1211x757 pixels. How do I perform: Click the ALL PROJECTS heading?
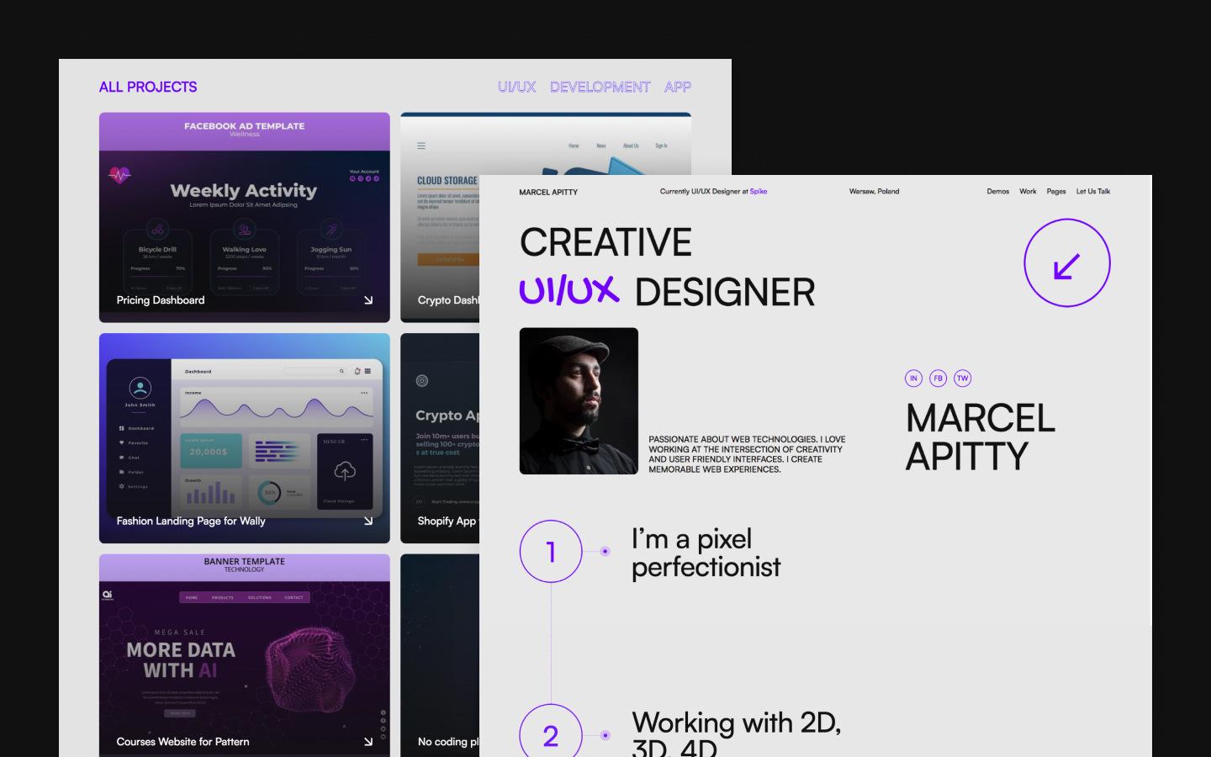[x=148, y=87]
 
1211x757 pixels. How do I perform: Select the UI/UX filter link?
[x=516, y=87]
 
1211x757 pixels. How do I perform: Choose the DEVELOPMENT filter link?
[x=600, y=87]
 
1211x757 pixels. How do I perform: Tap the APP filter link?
[x=677, y=87]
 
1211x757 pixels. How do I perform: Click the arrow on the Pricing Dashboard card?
[x=368, y=300]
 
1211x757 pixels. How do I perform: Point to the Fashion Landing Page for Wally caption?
[x=191, y=521]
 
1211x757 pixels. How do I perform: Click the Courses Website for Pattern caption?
[x=182, y=742]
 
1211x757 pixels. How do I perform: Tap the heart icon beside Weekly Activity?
[x=120, y=176]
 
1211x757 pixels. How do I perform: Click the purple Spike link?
[x=758, y=192]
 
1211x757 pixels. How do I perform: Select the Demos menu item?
[x=997, y=192]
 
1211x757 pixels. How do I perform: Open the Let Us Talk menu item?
[x=1092, y=192]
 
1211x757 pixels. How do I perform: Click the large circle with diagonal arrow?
[x=1066, y=263]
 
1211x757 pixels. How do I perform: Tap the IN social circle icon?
[x=913, y=378]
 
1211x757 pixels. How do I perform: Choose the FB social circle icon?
[x=938, y=378]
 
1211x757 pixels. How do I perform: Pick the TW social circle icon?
[x=962, y=378]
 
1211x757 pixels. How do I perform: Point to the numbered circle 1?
[x=551, y=552]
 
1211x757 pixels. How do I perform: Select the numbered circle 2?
[x=551, y=735]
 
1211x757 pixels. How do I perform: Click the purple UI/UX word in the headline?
[x=569, y=291]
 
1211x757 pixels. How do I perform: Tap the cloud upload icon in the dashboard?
[x=345, y=470]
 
